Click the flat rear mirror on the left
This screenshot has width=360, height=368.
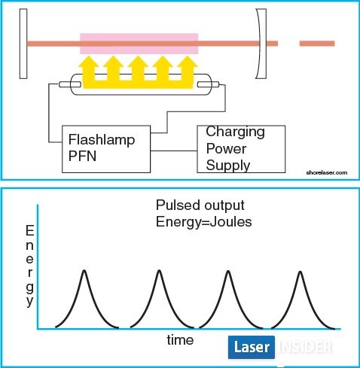point(23,44)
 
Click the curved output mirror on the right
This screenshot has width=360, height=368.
point(261,44)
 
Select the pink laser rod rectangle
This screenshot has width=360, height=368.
point(139,44)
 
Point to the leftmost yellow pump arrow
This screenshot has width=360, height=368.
point(89,69)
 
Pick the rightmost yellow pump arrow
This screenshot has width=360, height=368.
point(187,69)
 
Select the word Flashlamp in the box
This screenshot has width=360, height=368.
point(102,139)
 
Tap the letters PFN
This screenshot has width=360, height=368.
point(82,156)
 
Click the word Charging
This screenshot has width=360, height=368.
point(235,132)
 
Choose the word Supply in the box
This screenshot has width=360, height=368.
point(228,166)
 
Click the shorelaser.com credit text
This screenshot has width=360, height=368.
point(327,172)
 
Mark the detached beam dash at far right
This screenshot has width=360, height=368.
point(317,44)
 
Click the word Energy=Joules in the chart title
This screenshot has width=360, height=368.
point(203,222)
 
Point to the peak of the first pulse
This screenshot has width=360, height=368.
point(84,270)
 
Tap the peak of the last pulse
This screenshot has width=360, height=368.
point(301,272)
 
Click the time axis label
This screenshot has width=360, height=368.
point(180,340)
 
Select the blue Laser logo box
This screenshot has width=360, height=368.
point(252,347)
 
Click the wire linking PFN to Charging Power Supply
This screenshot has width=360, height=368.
point(174,151)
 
